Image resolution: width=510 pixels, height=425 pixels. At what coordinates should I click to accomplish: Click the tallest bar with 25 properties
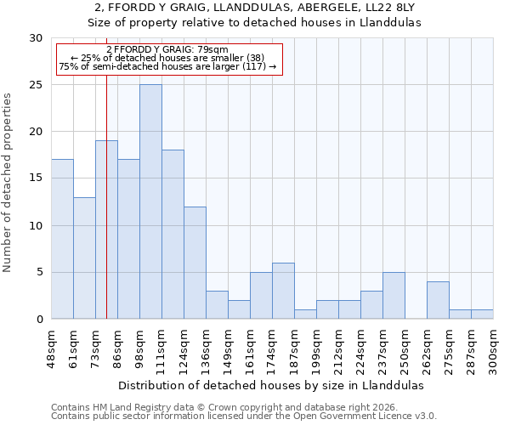click(x=150, y=201)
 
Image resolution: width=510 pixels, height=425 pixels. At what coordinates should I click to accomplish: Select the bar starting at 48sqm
click(x=62, y=239)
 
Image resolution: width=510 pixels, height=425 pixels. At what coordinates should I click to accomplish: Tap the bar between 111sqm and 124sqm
click(x=173, y=235)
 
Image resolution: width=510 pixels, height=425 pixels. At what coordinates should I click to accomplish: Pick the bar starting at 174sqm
click(x=283, y=291)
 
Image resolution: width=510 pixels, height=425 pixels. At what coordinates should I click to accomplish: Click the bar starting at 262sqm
click(x=438, y=300)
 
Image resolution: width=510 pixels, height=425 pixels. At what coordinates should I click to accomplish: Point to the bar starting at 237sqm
click(x=394, y=296)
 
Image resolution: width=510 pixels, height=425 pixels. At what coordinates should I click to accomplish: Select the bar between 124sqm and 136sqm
click(x=195, y=263)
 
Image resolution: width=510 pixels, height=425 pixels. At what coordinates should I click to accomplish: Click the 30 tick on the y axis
click(x=35, y=38)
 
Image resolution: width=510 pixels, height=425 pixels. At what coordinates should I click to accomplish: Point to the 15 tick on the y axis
click(x=35, y=178)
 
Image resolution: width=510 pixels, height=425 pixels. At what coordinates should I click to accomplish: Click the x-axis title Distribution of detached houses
click(x=272, y=385)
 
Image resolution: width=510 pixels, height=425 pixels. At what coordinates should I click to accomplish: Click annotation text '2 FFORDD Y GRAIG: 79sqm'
click(x=167, y=49)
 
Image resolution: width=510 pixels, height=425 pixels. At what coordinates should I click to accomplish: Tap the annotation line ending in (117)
click(x=167, y=66)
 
